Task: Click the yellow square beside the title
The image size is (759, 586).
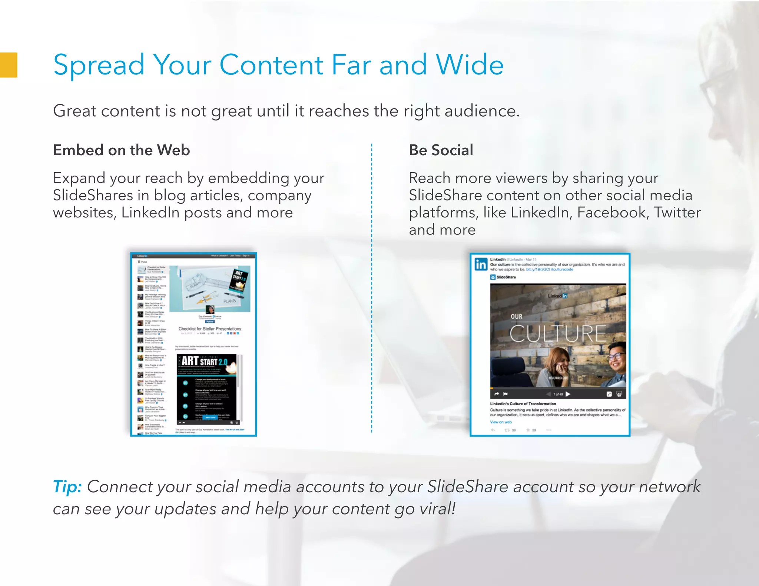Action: click(9, 65)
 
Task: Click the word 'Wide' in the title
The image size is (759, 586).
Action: click(470, 65)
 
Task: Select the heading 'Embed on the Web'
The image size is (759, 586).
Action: click(121, 150)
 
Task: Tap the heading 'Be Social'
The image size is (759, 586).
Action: click(441, 150)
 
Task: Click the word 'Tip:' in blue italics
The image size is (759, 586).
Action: click(67, 486)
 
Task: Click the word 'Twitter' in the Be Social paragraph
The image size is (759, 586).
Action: click(677, 213)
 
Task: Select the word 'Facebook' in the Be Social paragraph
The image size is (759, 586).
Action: click(611, 213)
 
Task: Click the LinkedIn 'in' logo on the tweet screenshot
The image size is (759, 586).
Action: click(481, 264)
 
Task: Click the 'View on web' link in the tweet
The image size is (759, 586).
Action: click(501, 422)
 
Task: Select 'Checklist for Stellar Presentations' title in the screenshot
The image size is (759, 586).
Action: click(210, 329)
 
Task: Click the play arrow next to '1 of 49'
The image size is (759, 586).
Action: click(568, 394)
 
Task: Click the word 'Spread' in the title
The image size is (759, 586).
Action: click(99, 65)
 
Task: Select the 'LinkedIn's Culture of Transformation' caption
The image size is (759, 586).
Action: click(523, 404)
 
